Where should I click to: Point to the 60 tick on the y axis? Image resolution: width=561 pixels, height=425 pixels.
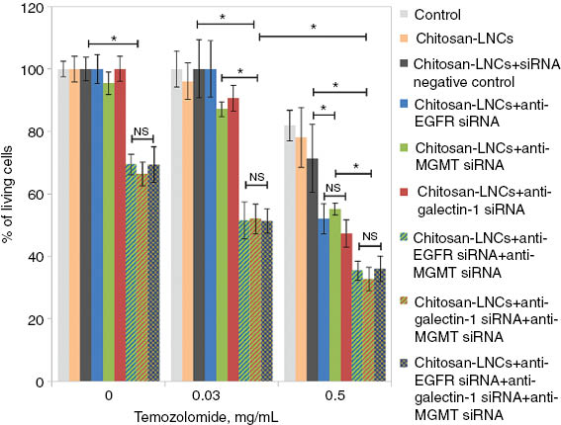pos(36,195)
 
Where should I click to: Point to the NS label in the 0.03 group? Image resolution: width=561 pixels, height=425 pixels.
pos(257,178)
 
